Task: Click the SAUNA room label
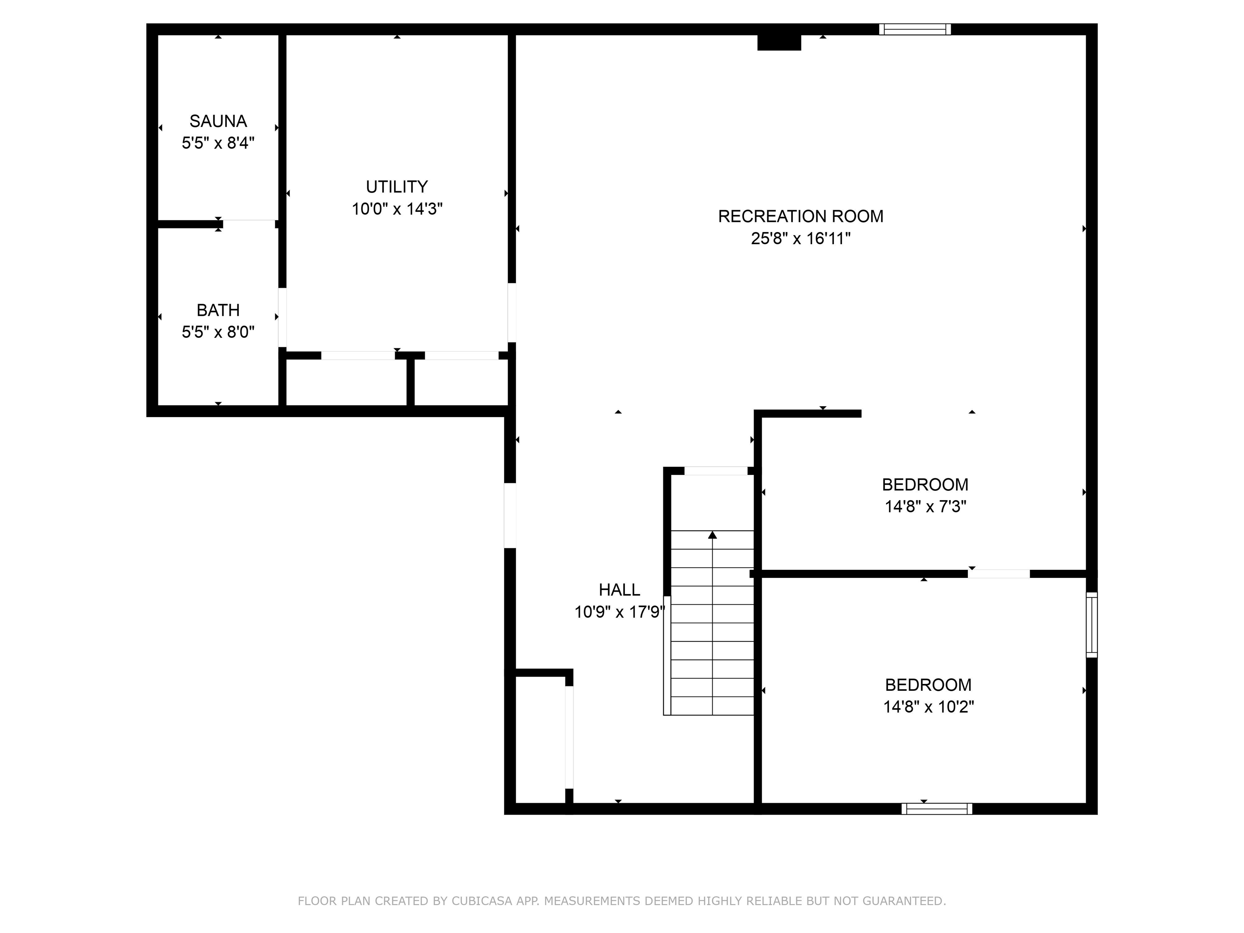[x=218, y=121]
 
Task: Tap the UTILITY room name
[x=397, y=187]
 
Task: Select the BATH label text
[x=218, y=310]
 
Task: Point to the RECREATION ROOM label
[x=801, y=216]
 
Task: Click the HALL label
[x=619, y=589]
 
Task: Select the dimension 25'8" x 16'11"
[x=801, y=239]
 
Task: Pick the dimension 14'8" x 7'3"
[x=925, y=507]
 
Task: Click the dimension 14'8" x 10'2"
[x=929, y=706]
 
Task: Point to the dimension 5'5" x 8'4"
[x=218, y=143]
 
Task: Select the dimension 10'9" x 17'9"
[x=619, y=612]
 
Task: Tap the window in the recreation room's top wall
[x=915, y=29]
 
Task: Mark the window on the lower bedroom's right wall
[x=1092, y=624]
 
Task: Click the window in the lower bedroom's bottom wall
[x=937, y=809]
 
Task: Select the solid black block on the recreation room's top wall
[x=779, y=42]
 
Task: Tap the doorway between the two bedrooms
[x=999, y=574]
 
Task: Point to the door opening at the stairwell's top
[x=716, y=471]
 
